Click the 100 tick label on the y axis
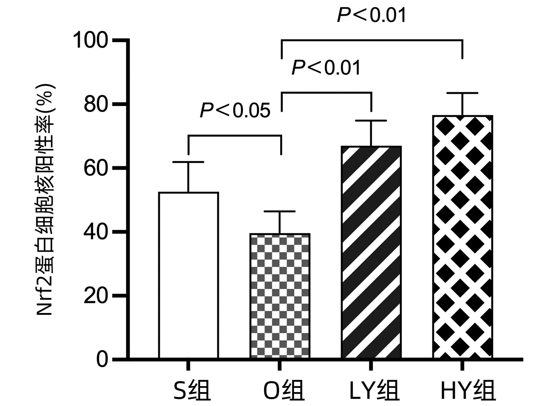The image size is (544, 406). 90,41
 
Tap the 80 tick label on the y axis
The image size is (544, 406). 96,104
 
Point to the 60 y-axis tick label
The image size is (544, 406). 96,168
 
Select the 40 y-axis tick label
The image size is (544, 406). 96,232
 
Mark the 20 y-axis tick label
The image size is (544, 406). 96,296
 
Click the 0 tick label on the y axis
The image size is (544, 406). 102,360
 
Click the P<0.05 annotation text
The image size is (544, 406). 235,110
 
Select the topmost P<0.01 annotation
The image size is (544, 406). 371,15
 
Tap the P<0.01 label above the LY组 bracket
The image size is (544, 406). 326,67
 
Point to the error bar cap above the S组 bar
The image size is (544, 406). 188,162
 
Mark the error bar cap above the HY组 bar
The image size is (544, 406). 463,93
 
